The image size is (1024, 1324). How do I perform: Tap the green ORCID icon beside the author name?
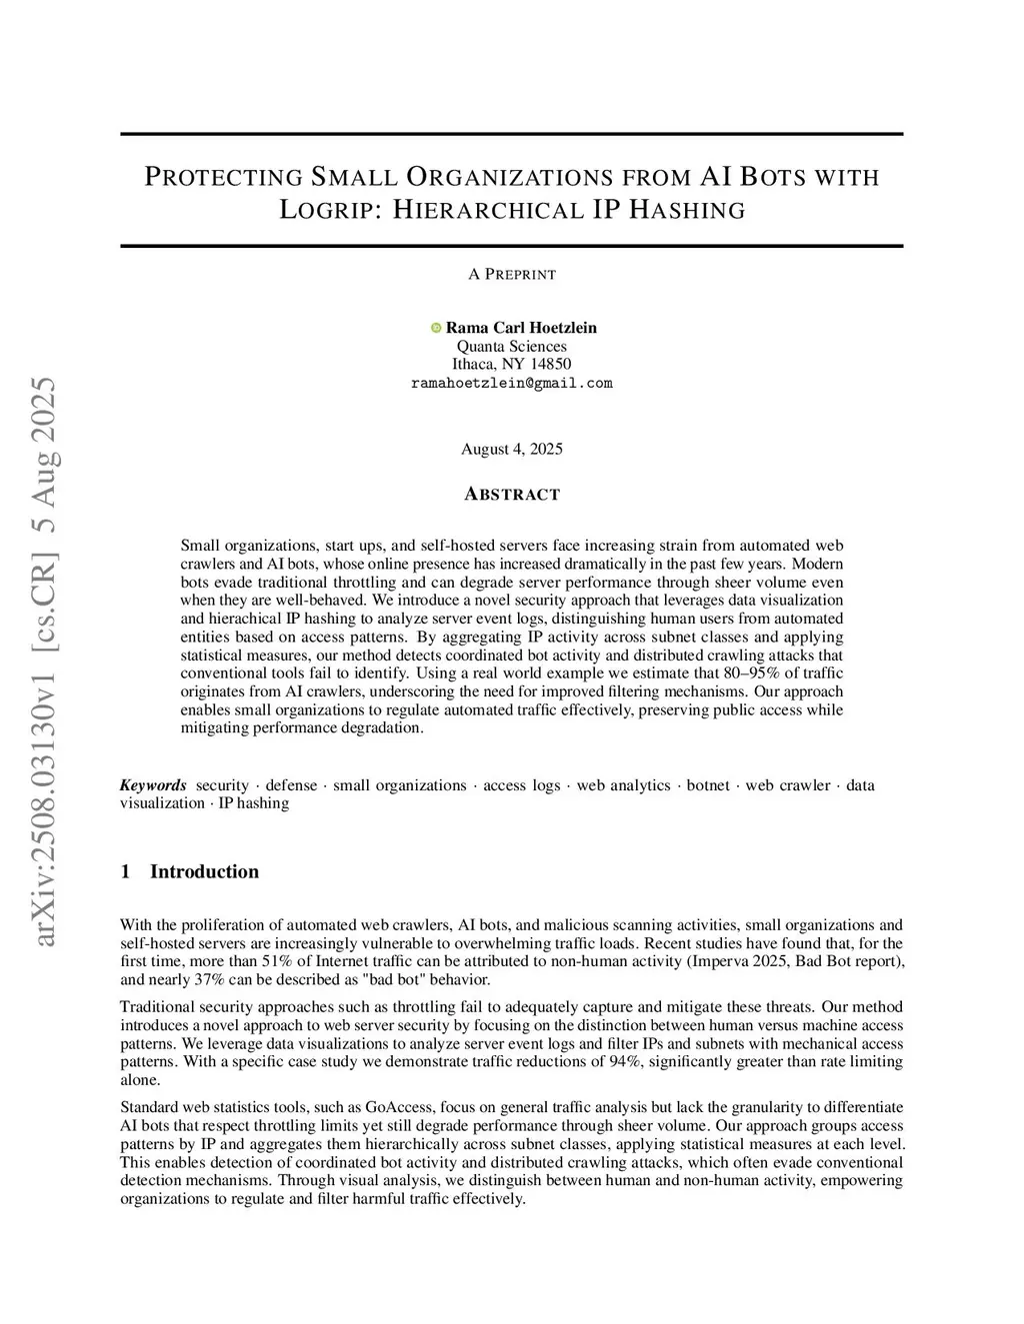(x=436, y=328)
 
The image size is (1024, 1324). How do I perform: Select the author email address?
(x=511, y=383)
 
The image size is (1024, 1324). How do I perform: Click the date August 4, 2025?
(x=511, y=449)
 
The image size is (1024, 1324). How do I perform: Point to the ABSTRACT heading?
(x=512, y=495)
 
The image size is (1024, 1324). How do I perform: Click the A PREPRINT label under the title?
(x=512, y=274)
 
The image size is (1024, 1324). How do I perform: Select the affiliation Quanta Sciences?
(x=511, y=346)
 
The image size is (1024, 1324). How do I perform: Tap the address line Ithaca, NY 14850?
(x=511, y=364)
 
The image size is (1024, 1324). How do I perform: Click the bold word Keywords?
(x=153, y=785)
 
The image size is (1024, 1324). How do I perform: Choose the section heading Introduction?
(x=204, y=871)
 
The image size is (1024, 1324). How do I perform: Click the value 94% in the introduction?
(x=624, y=1061)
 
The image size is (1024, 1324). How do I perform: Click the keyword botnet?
(x=708, y=785)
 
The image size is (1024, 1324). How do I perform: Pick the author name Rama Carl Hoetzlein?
(x=521, y=328)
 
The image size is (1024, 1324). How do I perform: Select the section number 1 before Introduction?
(x=125, y=871)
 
